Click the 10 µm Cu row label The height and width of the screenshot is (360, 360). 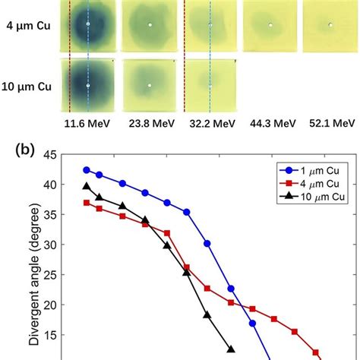pos(27,85)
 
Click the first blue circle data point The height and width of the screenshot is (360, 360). pos(87,170)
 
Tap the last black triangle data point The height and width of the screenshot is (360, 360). pos(230,349)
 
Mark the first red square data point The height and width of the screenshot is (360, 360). pos(87,202)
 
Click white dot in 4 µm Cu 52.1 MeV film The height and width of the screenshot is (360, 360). pos(330,25)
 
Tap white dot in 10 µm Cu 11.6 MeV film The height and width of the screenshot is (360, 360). pos(88,86)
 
